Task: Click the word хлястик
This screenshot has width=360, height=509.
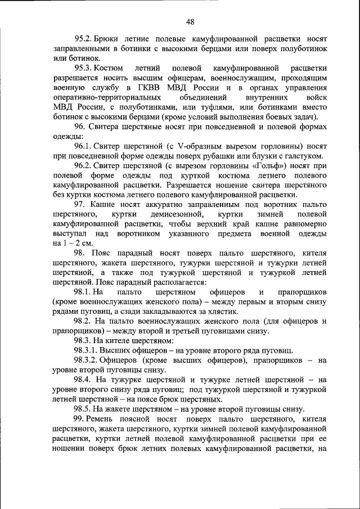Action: click(x=224, y=312)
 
